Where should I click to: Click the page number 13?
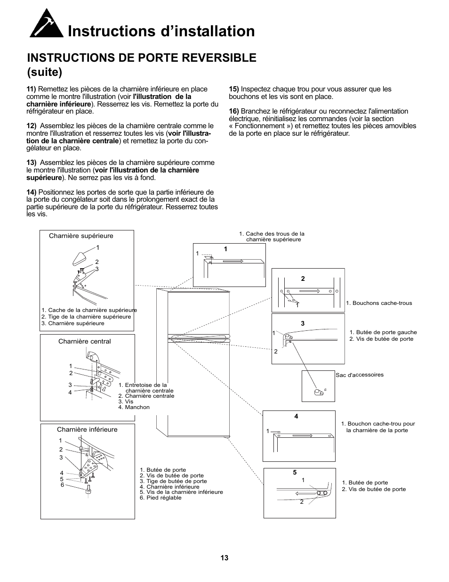224,557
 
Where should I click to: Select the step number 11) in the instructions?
31,89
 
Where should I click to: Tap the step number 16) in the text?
233,111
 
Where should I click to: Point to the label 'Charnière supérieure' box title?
81,236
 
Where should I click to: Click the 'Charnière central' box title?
84,341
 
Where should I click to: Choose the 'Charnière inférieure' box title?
87,429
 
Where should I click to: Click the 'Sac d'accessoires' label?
360,375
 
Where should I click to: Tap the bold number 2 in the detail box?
303,279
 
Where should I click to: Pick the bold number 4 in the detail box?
296,416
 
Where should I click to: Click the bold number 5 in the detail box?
295,472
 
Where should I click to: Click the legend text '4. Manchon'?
134,407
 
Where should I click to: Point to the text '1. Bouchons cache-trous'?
379,303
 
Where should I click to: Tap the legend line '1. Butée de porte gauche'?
383,332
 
